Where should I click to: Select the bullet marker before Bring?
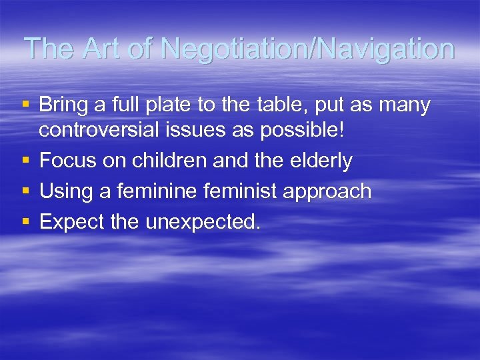pyautogui.click(x=25, y=105)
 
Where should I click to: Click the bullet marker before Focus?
pyautogui.click(x=25, y=161)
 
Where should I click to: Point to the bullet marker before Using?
pyautogui.click(x=25, y=191)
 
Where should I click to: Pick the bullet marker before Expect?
pyautogui.click(x=25, y=222)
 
